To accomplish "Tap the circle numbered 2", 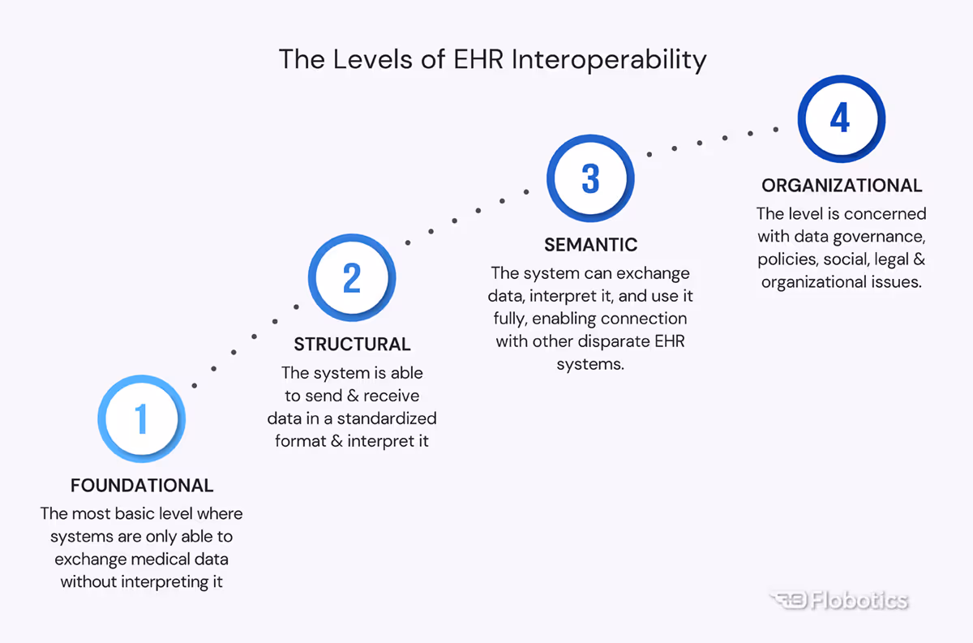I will pyautogui.click(x=352, y=277).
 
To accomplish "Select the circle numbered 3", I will pyautogui.click(x=590, y=178).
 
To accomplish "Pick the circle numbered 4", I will pyautogui.click(x=840, y=119).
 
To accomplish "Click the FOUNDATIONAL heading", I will pyautogui.click(x=142, y=486).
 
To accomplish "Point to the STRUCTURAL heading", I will pyautogui.click(x=352, y=344).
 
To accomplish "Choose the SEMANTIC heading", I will pyautogui.click(x=590, y=244).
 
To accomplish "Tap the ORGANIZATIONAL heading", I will pyautogui.click(x=842, y=186).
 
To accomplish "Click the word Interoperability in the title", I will pyautogui.click(x=610, y=60).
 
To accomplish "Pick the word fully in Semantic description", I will pyautogui.click(x=508, y=319).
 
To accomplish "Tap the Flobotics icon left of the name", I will pyautogui.click(x=786, y=601).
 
